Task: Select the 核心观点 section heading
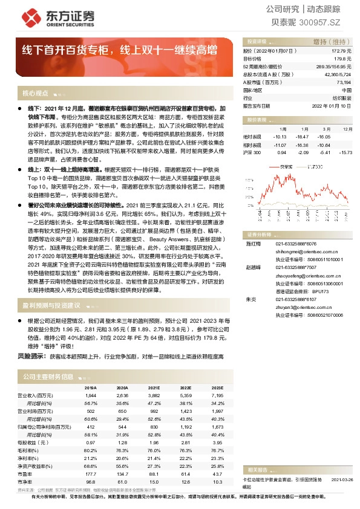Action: (35, 93)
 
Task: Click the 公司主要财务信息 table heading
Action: (48, 377)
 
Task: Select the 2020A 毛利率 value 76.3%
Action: (122, 450)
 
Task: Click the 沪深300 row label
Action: (252, 153)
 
